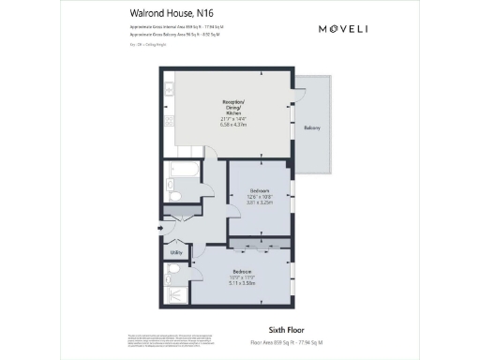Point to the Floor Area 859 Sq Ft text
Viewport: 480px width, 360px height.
(x=295, y=343)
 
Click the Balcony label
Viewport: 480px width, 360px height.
(x=313, y=127)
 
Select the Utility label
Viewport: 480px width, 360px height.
(x=174, y=253)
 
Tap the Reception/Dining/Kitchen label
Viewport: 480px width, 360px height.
(x=233, y=107)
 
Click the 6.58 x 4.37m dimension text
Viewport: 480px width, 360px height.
(x=233, y=124)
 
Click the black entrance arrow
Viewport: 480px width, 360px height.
(x=160, y=228)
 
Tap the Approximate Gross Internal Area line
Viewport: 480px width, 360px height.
(x=170, y=29)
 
